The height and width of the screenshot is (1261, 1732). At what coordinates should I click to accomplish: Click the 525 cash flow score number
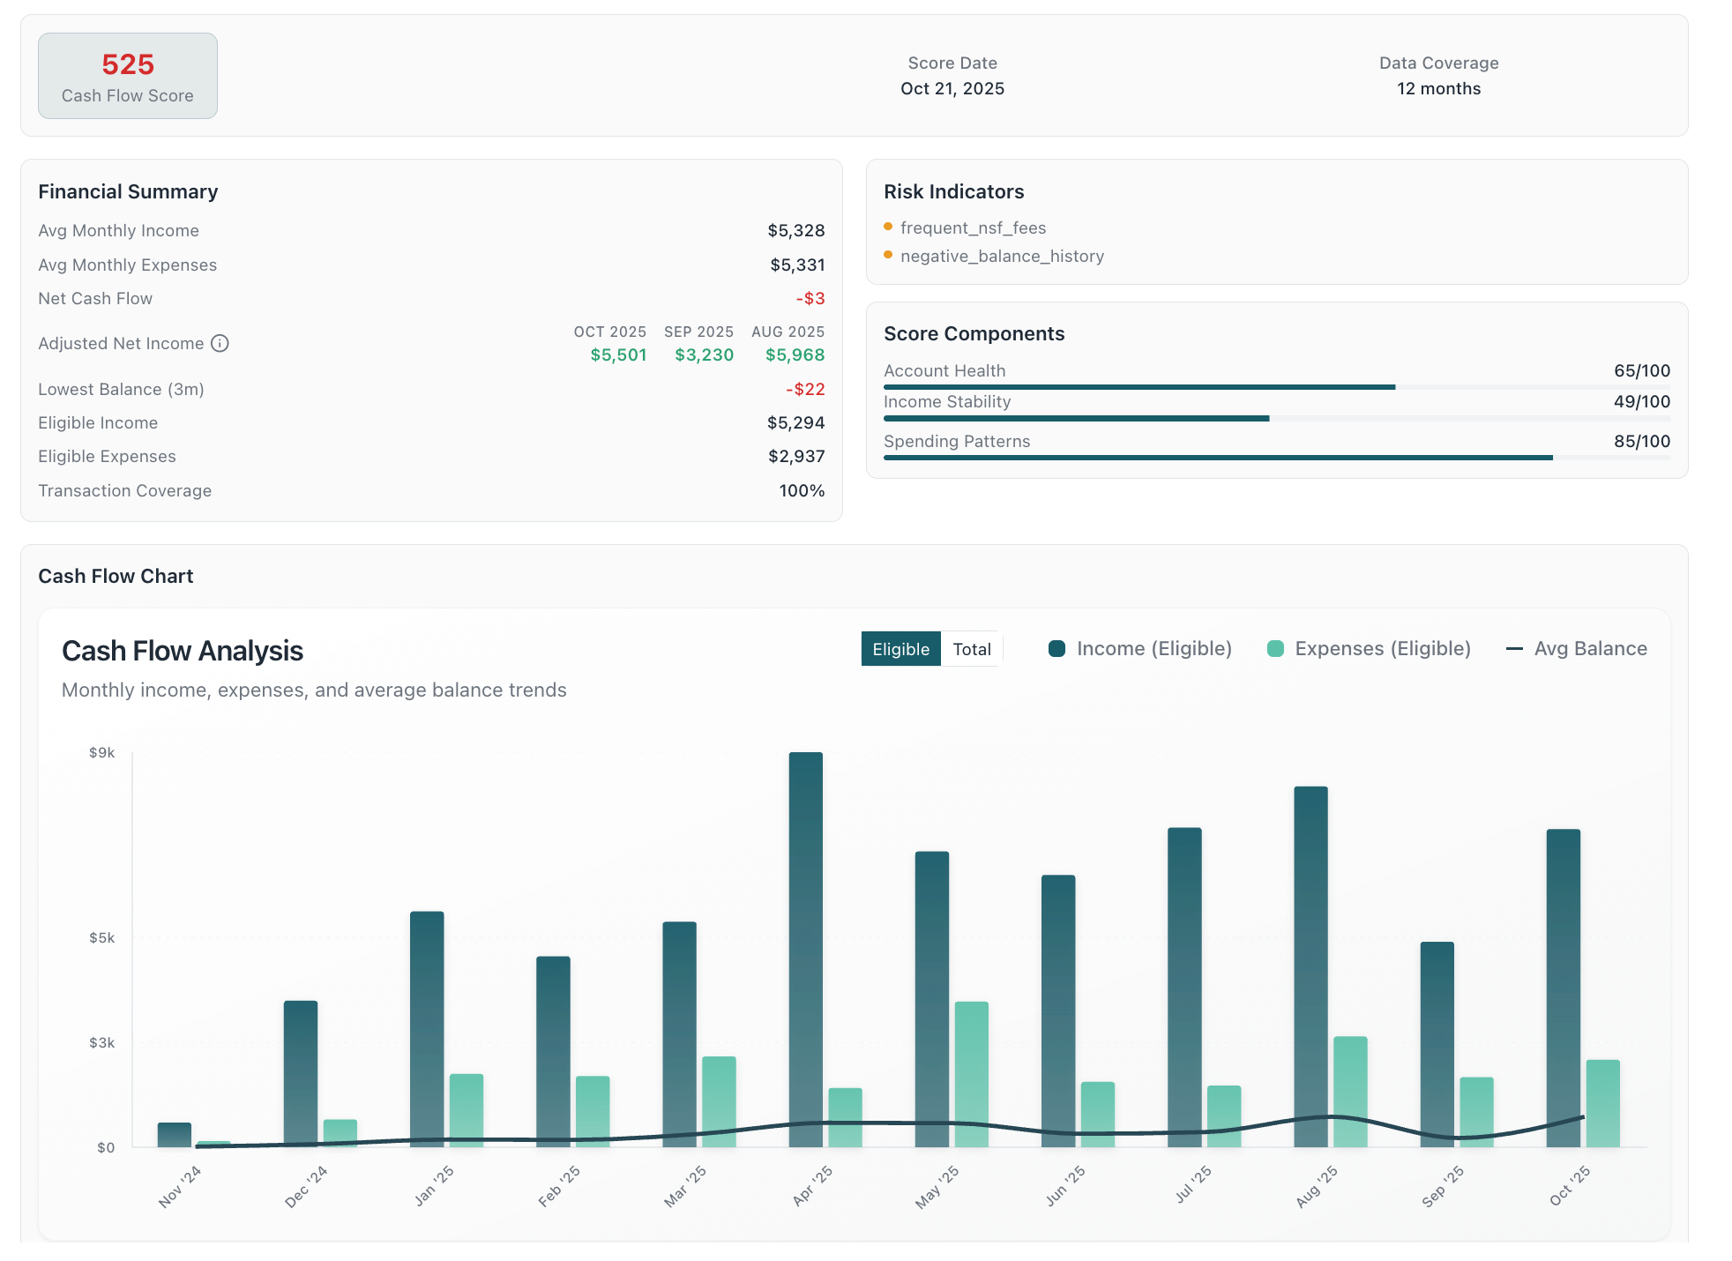[128, 64]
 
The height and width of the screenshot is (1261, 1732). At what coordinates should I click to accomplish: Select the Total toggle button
[971, 649]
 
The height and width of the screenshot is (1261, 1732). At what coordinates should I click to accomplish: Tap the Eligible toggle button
[900, 649]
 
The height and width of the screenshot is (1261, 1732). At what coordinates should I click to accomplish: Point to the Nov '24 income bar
[175, 1134]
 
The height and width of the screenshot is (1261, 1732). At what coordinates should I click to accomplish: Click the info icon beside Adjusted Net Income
[220, 343]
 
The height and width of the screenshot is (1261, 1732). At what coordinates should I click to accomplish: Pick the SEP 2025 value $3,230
[704, 354]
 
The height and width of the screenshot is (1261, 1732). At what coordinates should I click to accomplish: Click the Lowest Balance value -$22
[805, 389]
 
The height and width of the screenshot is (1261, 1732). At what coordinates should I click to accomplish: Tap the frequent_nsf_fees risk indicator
[973, 228]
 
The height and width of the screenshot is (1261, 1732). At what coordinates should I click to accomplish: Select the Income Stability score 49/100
[1641, 401]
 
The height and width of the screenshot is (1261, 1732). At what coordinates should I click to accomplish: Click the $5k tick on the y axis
[102, 937]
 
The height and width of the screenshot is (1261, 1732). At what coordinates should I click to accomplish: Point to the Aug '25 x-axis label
[1316, 1186]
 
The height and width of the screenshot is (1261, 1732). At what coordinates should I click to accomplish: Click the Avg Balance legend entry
[1576, 649]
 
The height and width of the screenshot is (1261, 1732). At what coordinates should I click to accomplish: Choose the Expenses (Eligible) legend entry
[1369, 649]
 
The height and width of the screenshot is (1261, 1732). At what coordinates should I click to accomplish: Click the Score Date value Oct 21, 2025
[952, 88]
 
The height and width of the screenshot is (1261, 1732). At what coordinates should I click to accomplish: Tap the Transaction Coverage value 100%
[802, 490]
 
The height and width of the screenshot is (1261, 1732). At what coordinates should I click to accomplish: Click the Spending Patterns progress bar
[1217, 458]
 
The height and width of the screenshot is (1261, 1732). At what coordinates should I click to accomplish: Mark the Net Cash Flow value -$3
[810, 298]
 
